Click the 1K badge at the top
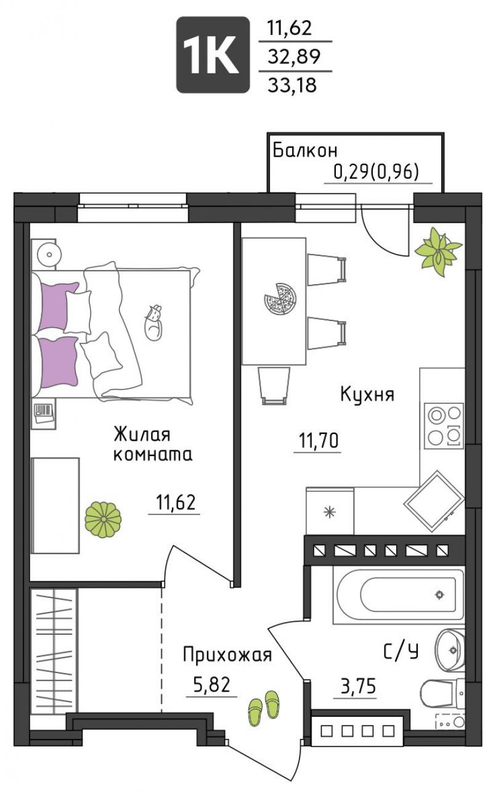(x=213, y=55)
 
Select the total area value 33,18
(x=292, y=85)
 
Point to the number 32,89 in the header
(x=294, y=56)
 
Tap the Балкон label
(x=305, y=150)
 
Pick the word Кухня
(x=367, y=394)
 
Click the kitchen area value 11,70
(x=319, y=441)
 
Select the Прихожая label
(x=227, y=655)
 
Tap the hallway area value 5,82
(x=212, y=685)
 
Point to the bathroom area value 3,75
(x=358, y=686)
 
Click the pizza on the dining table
(x=280, y=298)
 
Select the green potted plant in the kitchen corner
(x=438, y=251)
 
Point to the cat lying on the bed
(x=154, y=322)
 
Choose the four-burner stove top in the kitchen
(x=444, y=426)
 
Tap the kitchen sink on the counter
(x=434, y=501)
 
